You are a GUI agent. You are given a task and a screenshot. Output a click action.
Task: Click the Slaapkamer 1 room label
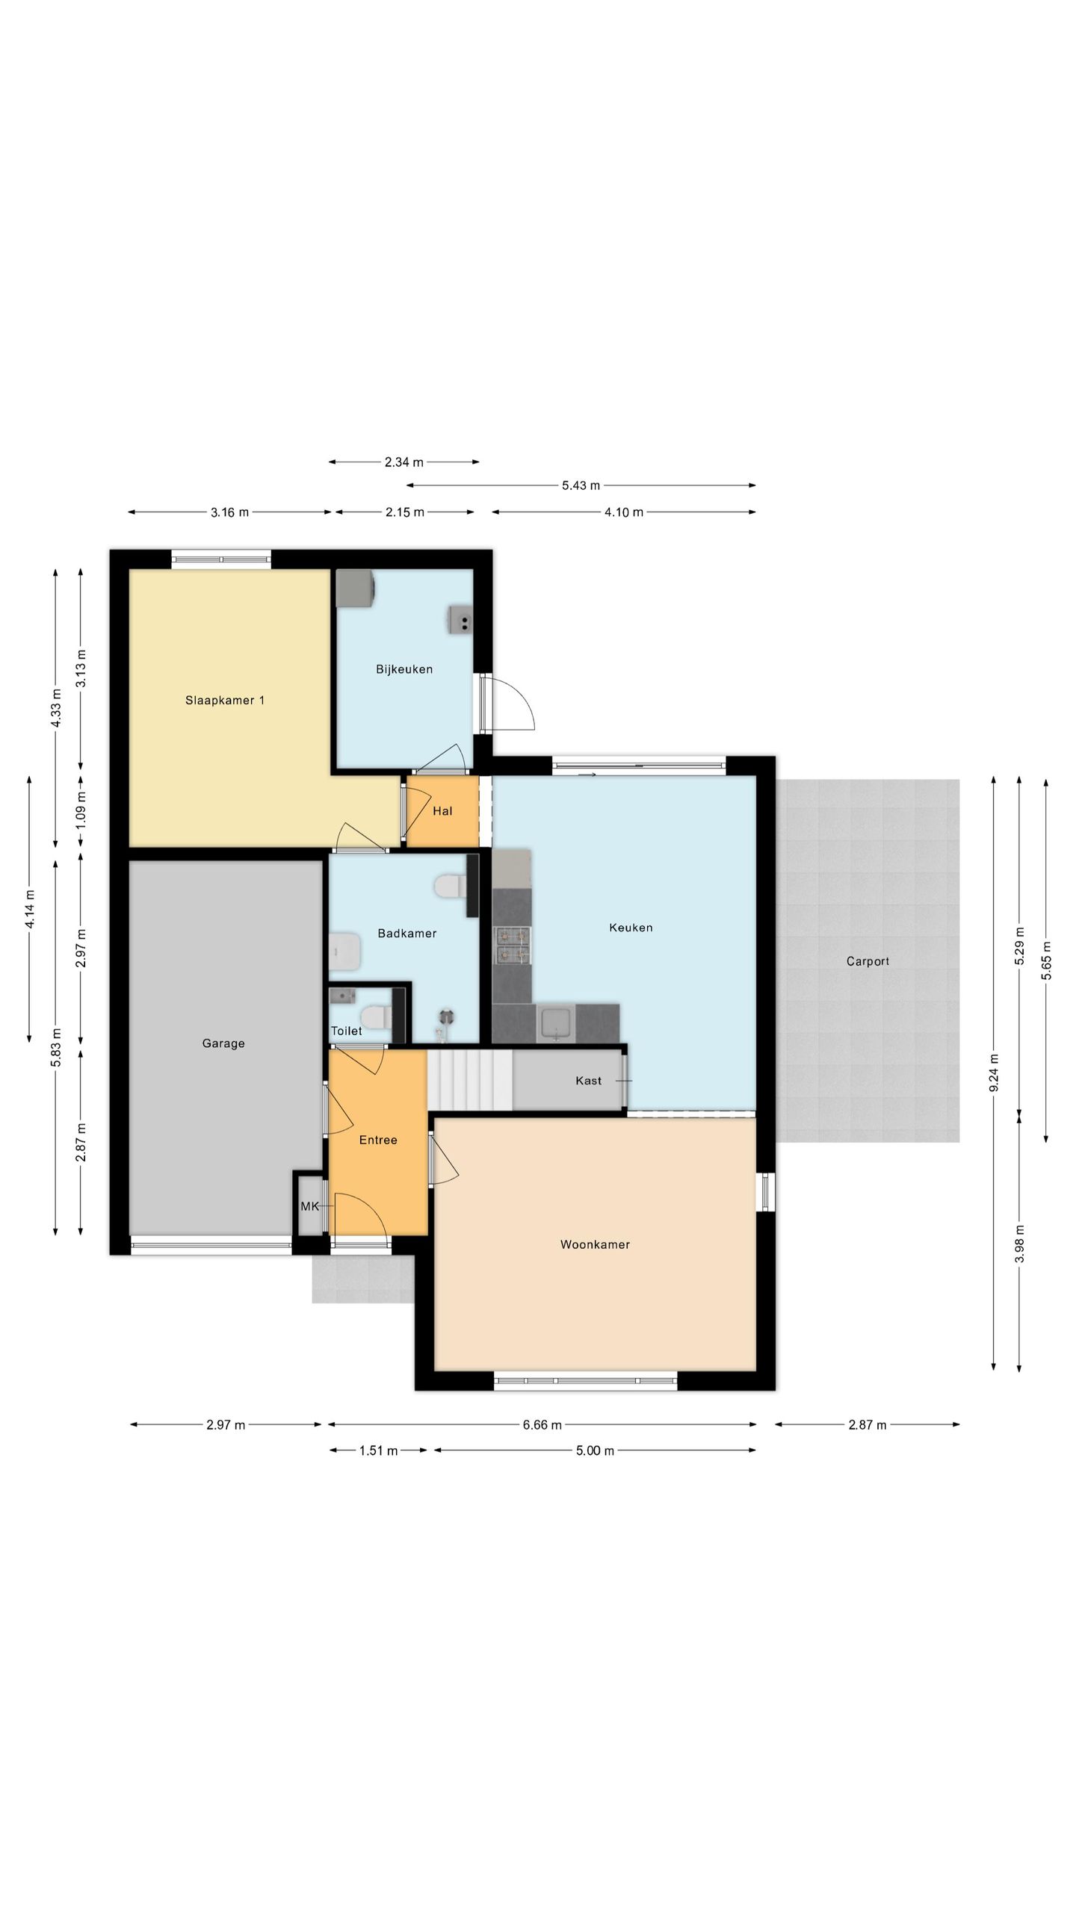coord(225,701)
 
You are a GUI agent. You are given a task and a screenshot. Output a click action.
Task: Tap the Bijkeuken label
coord(404,669)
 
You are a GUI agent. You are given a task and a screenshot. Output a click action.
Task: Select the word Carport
coord(868,961)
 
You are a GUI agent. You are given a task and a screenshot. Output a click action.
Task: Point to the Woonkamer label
coord(595,1244)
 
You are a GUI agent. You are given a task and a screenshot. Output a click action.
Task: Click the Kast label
coord(588,1080)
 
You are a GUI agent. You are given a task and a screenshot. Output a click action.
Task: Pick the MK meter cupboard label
coord(309,1206)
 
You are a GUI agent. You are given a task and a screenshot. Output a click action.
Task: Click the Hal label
coord(442,811)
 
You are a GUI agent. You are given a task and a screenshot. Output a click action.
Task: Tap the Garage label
coord(223,1043)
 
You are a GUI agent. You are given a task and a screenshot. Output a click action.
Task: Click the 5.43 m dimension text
coord(581,485)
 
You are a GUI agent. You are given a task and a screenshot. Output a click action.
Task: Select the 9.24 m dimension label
coord(994,1073)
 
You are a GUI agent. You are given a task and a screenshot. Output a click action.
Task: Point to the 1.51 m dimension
coord(378,1450)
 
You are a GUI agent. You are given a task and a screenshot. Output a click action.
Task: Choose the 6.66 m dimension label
coord(542,1425)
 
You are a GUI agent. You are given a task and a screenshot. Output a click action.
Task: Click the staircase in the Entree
coord(470,1080)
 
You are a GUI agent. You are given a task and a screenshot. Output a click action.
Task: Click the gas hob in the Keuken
coord(512,944)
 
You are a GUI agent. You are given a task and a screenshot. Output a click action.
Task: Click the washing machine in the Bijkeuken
coord(355,589)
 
